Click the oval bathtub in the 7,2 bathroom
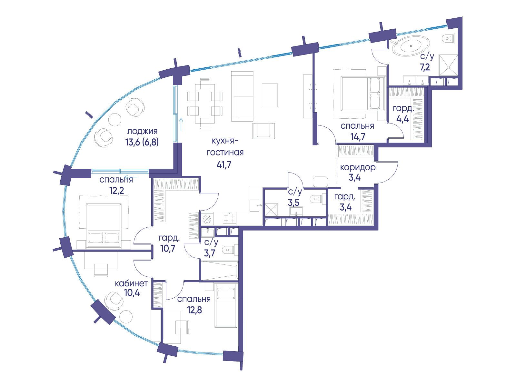(x=411, y=46)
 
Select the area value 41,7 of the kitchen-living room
(x=224, y=165)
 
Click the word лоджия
(x=142, y=131)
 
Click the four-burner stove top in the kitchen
(x=229, y=218)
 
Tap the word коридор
(x=358, y=168)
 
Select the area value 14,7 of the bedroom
(x=358, y=136)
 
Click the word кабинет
(x=131, y=283)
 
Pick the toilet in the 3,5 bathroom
(x=318, y=199)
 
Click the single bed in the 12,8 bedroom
(x=225, y=305)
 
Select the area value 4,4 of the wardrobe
(x=402, y=119)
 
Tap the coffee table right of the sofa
(x=270, y=95)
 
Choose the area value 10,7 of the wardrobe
(x=168, y=248)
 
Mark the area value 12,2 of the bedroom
(x=117, y=191)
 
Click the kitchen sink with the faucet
(x=255, y=205)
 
